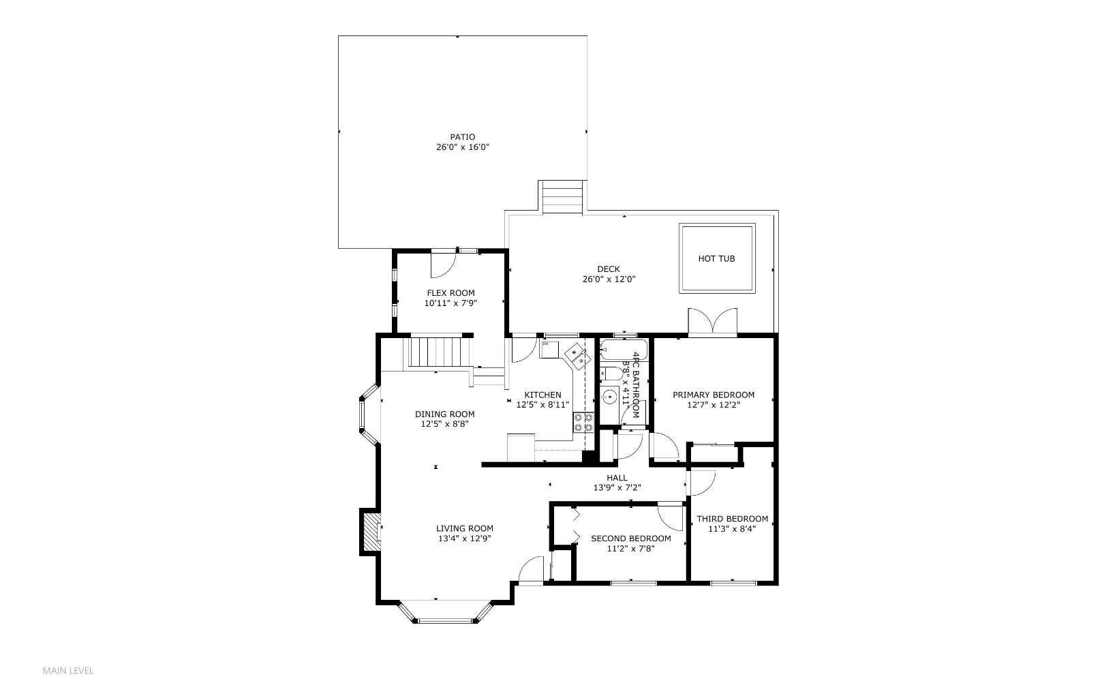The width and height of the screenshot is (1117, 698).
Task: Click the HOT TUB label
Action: (x=716, y=259)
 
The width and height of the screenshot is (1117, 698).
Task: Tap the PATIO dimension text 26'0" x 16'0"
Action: (x=463, y=147)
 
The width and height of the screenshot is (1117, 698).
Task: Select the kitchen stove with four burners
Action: (x=583, y=423)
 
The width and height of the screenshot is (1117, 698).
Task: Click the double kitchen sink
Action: (x=577, y=356)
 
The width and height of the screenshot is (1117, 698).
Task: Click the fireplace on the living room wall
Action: (x=372, y=532)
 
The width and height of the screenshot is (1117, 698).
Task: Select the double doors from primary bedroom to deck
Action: (x=712, y=322)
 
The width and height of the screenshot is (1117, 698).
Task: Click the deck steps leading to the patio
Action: (x=562, y=197)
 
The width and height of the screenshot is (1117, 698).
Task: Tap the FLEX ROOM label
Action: (x=450, y=293)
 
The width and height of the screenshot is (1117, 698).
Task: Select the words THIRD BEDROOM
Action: (x=732, y=519)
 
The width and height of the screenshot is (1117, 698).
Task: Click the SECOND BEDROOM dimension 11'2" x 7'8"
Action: (x=630, y=548)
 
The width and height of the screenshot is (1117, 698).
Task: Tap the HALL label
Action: (x=617, y=478)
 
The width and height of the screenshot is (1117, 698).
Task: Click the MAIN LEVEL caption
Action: (x=68, y=671)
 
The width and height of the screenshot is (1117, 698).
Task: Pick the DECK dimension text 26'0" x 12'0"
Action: (x=609, y=279)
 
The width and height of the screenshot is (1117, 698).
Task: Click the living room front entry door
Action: (x=530, y=571)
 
